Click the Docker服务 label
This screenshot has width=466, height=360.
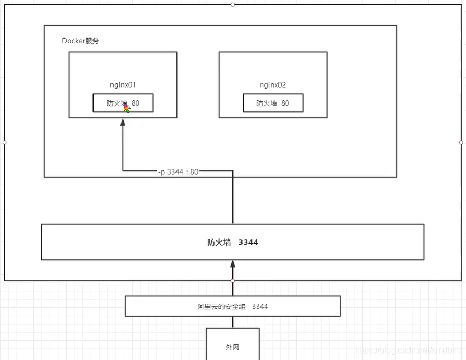tap(80, 41)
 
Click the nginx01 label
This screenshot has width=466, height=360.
tap(123, 84)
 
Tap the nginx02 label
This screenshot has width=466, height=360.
tap(273, 84)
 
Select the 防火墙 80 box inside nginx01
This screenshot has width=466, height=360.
tap(123, 103)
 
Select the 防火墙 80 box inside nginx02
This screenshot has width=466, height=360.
tap(273, 103)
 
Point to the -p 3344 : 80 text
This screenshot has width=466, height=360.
tap(178, 172)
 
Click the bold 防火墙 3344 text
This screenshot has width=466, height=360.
tap(232, 242)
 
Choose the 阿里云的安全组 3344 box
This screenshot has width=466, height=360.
tap(232, 306)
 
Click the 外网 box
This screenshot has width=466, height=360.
tap(232, 347)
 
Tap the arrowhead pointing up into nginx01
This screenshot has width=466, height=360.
tap(123, 122)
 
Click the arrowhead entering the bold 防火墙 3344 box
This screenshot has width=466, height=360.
tap(232, 264)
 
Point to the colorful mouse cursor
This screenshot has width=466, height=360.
tap(126, 108)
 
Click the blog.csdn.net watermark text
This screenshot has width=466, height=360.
tap(409, 350)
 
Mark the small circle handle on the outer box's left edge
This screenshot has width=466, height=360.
tap(4, 142)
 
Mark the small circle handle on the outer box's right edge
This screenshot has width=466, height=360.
tap(461, 142)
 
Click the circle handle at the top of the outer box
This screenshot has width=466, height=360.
tap(232, 4)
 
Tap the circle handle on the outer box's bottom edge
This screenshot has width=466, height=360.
tap(232, 281)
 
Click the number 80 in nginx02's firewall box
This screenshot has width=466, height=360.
tap(285, 103)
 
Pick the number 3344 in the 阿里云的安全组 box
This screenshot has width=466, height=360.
tap(260, 306)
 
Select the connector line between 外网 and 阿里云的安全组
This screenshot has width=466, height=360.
tap(232, 322)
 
